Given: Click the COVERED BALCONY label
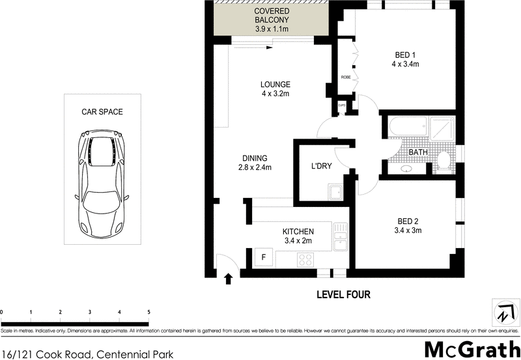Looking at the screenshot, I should [x=272, y=20].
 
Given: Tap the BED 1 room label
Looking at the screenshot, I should [x=404, y=59].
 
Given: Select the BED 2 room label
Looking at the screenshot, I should [x=408, y=225].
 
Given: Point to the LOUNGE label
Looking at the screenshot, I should [x=275, y=89].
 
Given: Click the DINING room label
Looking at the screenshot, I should [x=255, y=163].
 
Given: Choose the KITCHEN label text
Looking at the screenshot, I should [x=298, y=236].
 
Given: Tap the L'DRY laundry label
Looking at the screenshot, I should [x=321, y=166].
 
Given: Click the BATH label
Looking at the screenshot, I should [x=417, y=152].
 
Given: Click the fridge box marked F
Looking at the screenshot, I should [x=263, y=258].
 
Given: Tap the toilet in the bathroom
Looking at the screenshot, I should [x=444, y=160].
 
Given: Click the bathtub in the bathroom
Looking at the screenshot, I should [x=404, y=127].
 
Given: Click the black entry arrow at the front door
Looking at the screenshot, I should [x=228, y=280].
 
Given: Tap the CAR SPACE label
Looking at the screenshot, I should [x=102, y=112].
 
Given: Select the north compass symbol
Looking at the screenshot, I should [x=502, y=311].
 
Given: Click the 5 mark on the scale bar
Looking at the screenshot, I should [x=148, y=313].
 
